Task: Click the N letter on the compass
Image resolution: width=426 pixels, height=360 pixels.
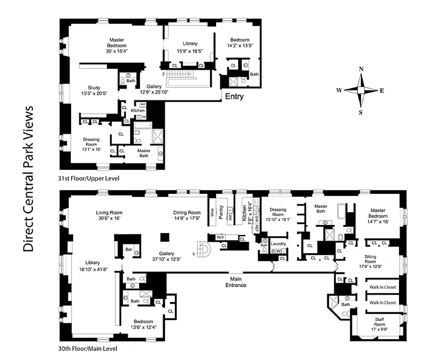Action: tap(361, 69)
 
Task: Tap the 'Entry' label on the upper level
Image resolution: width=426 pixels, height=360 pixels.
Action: tap(234, 96)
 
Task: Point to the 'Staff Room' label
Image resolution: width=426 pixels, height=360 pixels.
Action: tap(379, 321)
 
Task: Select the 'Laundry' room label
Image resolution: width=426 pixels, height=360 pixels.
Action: tap(278, 243)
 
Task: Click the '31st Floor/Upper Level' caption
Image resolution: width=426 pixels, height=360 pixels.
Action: tap(89, 179)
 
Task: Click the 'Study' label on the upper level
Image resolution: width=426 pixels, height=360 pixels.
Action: tap(94, 88)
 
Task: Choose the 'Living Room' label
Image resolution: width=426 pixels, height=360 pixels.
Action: tap(109, 213)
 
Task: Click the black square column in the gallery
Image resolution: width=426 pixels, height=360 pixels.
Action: tap(166, 237)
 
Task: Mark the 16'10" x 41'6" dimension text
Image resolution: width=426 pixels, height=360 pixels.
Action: tap(94, 269)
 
